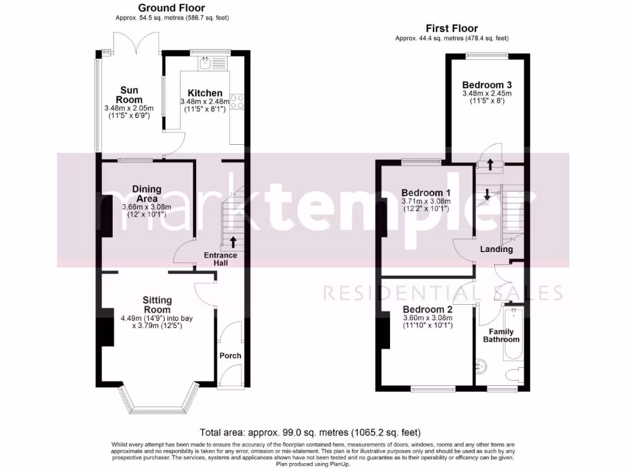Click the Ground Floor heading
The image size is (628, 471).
[x=171, y=8]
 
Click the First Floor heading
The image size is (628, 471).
[x=452, y=28]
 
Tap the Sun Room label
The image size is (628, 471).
[x=129, y=95]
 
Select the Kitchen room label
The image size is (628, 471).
[x=204, y=93]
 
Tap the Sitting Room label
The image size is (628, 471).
[x=157, y=305]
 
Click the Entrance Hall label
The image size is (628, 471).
[x=221, y=259]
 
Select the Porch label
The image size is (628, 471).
[x=231, y=356]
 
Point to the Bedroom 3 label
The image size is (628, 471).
[x=487, y=85]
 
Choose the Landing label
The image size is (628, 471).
[x=496, y=250]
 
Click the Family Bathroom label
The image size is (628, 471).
[x=501, y=335]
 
